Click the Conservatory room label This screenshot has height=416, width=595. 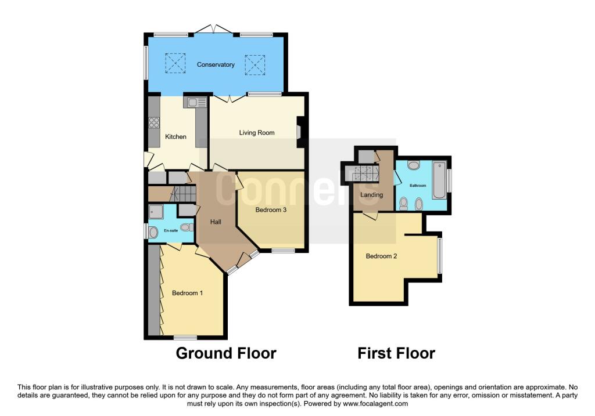click(216, 64)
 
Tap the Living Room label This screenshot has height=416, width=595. click(256, 133)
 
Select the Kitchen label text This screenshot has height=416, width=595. click(175, 137)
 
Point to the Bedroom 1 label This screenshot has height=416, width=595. click(187, 293)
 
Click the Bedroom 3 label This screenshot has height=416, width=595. click(271, 210)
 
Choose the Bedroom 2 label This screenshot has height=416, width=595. click(381, 256)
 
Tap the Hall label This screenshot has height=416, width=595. click(215, 221)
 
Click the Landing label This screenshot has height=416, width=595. click(371, 195)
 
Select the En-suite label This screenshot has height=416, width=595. click(170, 231)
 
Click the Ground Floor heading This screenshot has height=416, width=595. click(225, 353)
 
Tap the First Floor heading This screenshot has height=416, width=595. click(396, 353)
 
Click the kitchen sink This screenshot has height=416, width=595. click(195, 103)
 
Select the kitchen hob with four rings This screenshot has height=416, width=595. click(155, 122)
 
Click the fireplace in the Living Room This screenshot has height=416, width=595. click(300, 128)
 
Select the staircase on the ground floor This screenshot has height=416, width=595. click(184, 193)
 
